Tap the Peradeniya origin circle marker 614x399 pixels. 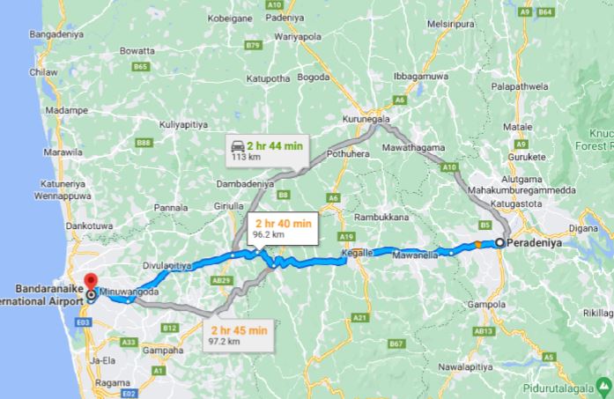500,242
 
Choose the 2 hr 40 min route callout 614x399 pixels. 282,229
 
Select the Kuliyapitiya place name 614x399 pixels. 183,125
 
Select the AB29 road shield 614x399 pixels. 222,280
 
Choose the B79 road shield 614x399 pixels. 254,43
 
